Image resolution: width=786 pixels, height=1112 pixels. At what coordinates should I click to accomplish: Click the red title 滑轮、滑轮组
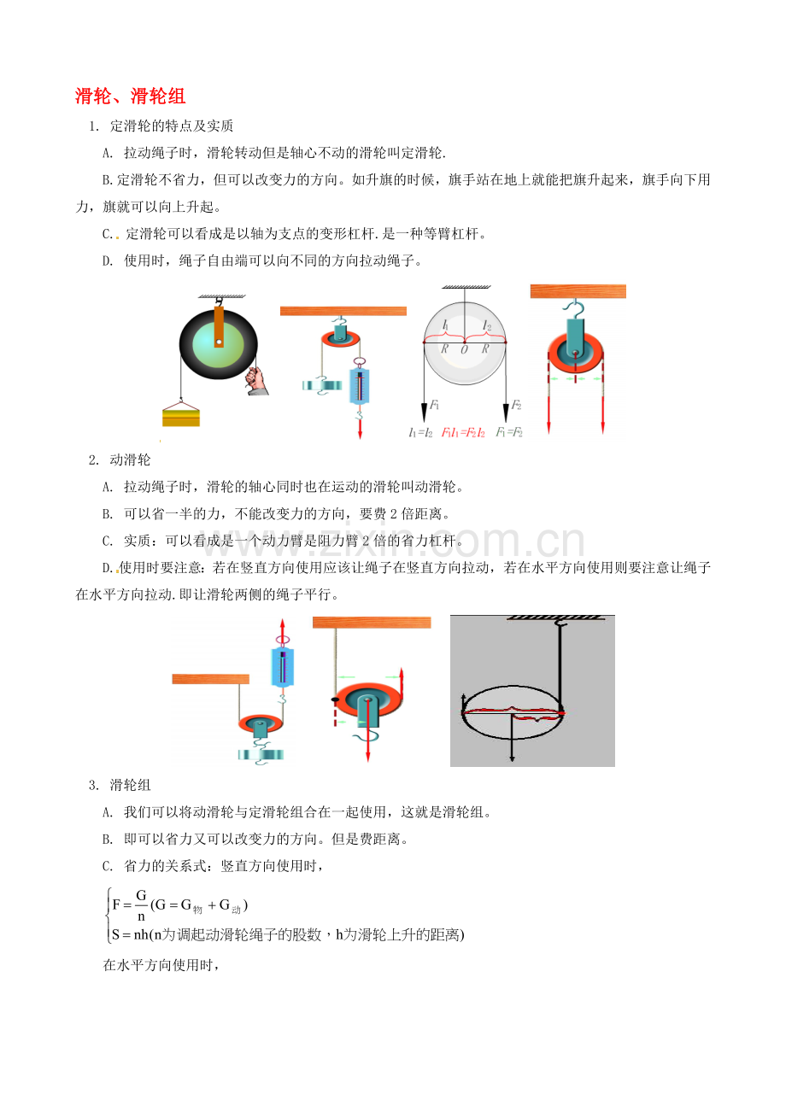tap(131, 96)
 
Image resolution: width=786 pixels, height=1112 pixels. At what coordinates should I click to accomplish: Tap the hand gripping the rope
tap(255, 379)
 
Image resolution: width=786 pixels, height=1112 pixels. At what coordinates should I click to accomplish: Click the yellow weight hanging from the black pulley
tap(181, 416)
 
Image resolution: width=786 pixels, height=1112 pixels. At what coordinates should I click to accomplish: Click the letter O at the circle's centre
tap(464, 349)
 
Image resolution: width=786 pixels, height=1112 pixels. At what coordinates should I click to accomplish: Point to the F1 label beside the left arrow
tap(435, 404)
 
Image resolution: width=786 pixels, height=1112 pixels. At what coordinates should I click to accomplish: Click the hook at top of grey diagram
tap(560, 628)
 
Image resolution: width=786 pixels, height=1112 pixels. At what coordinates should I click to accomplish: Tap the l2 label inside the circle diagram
tap(486, 325)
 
